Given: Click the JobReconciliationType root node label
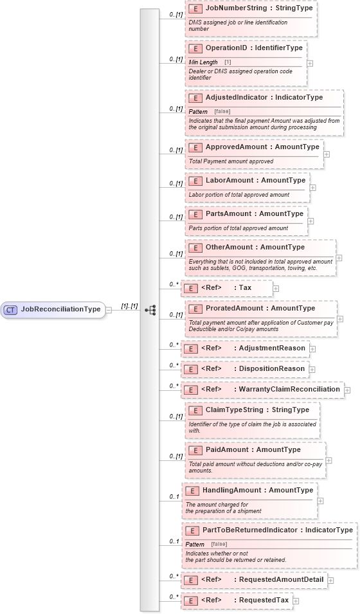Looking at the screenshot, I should [60, 309].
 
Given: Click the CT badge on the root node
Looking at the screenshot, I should [10, 309].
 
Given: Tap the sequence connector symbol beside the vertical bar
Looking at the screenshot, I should [150, 309].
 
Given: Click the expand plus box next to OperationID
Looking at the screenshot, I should [310, 64].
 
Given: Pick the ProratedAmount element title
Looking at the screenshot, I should [260, 308].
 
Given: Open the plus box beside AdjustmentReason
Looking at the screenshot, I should [313, 348].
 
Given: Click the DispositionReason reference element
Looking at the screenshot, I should [244, 368].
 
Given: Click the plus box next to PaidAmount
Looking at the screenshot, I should [329, 460].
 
